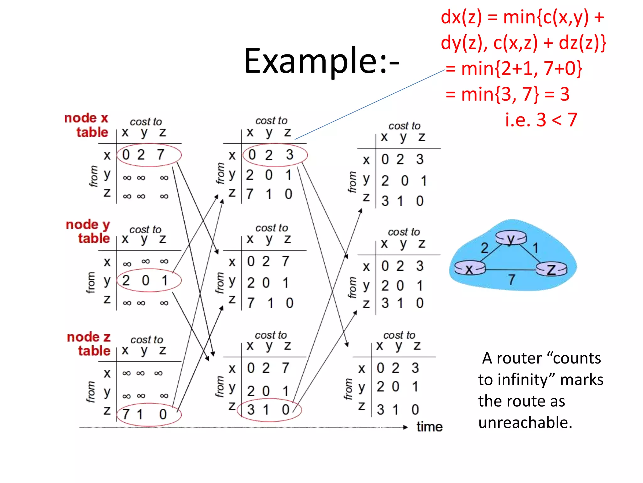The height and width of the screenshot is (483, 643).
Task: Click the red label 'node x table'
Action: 86,125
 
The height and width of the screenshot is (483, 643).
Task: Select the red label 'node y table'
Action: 88,231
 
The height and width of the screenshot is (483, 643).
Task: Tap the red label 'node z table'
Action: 89,344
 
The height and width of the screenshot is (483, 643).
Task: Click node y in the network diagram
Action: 511,238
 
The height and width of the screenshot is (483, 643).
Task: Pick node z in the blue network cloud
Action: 551,269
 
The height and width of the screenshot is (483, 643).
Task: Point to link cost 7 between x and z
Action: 512,279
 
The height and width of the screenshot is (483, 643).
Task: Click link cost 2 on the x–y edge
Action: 485,248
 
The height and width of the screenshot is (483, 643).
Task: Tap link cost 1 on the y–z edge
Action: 536,248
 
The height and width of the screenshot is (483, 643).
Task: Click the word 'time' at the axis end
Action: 429,427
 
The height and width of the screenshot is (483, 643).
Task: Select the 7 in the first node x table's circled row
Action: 161,154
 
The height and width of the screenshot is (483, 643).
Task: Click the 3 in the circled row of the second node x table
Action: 289,154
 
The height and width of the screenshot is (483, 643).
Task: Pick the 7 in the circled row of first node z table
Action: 126,414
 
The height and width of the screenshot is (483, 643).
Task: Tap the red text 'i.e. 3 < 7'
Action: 541,120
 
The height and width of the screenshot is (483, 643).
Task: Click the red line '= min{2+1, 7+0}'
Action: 514,69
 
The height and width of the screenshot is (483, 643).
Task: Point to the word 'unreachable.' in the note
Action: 525,422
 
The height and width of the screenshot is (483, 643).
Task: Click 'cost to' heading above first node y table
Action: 145,230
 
